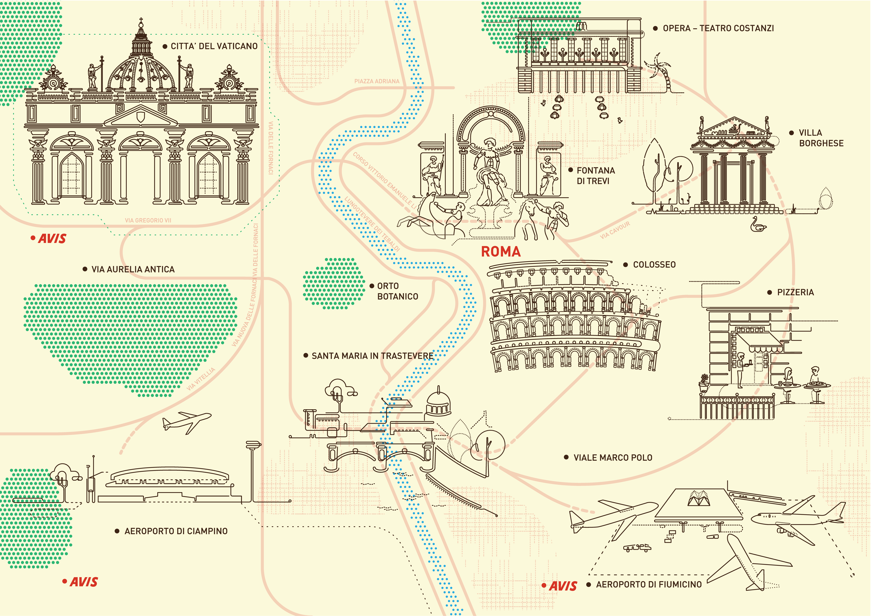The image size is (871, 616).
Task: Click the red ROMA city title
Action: coord(501,252)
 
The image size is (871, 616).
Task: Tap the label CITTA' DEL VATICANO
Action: coord(214,46)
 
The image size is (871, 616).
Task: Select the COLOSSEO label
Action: coord(654,265)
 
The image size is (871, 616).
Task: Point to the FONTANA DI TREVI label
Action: coord(596,176)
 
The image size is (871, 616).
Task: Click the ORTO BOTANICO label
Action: coord(397,291)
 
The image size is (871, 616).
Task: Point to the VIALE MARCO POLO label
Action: coord(613,458)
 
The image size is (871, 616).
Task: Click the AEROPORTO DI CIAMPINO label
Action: coord(176,531)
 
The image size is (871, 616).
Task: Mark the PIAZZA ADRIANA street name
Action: coord(377,81)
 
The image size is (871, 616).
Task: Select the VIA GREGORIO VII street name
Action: coord(148,220)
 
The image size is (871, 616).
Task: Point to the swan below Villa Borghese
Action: coord(758,225)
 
